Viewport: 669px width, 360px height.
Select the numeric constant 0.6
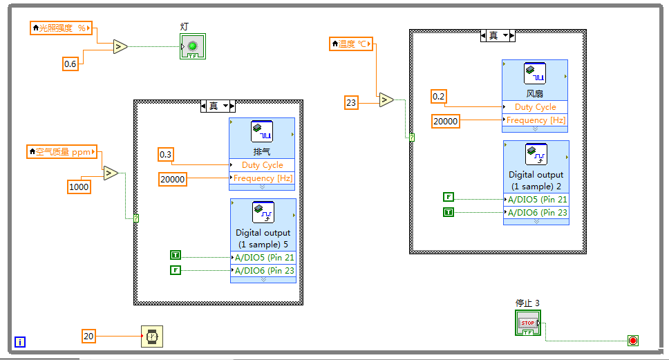[70, 64]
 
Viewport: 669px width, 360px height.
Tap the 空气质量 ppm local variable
[62, 151]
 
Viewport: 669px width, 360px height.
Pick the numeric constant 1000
[79, 187]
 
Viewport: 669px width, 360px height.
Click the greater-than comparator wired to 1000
[111, 173]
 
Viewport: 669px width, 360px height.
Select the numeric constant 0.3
[166, 154]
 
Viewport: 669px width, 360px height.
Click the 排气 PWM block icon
[262, 131]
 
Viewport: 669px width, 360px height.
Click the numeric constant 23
[352, 103]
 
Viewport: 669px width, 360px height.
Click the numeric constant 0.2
[439, 96]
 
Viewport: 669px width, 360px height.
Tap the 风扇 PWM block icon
[535, 73]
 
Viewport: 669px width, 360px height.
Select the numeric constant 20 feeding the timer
[88, 337]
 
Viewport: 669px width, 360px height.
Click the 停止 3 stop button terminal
[528, 323]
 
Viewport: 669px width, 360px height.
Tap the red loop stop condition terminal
[632, 340]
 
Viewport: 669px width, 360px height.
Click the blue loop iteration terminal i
[20, 341]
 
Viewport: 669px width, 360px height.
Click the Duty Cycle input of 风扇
[535, 107]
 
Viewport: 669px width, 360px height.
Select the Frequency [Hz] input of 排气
[263, 178]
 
